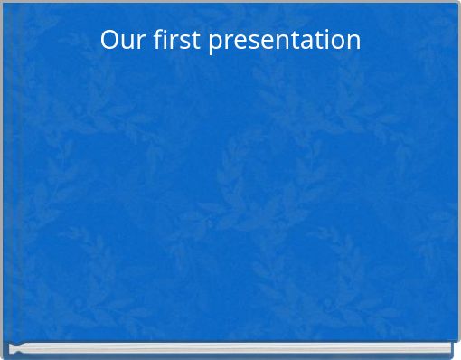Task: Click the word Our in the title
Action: pos(121,40)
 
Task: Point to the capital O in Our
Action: pos(109,40)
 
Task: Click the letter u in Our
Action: pos(126,42)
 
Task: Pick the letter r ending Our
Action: pos(137,42)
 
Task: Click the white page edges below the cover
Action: pos(230,348)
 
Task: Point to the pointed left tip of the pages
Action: pos(10,348)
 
